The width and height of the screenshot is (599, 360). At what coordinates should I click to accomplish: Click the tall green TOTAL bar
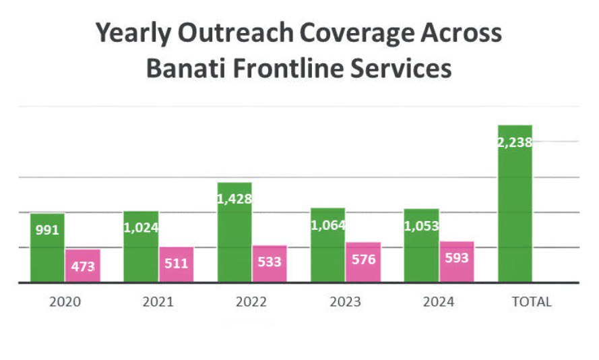(x=515, y=203)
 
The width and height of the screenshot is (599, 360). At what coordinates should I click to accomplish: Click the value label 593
(x=457, y=258)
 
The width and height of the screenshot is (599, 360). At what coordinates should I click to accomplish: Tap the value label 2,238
(x=515, y=142)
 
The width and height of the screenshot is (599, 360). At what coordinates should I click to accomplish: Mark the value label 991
(x=46, y=230)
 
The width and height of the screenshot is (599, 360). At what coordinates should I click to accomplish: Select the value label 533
(x=270, y=262)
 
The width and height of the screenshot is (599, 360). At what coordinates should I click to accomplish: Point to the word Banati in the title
(x=189, y=69)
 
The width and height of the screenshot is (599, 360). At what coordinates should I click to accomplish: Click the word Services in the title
(x=407, y=69)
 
